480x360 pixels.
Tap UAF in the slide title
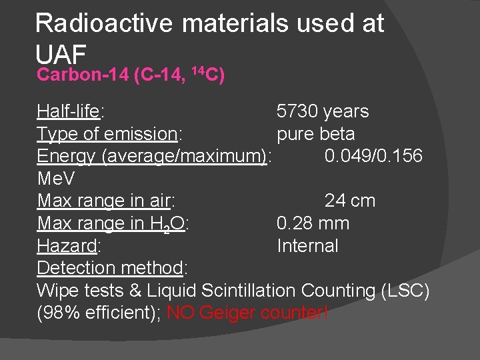62,52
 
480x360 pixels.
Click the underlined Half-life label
67,111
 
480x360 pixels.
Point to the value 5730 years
323,111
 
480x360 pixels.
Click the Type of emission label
107,134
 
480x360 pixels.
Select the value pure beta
315,134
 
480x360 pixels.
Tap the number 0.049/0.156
373,156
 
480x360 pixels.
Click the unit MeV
56,179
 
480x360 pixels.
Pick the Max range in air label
105,201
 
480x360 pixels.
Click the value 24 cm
350,201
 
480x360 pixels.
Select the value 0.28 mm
313,223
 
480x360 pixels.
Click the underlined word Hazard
67,246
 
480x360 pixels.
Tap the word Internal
307,246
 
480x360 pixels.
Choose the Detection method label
110,268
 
